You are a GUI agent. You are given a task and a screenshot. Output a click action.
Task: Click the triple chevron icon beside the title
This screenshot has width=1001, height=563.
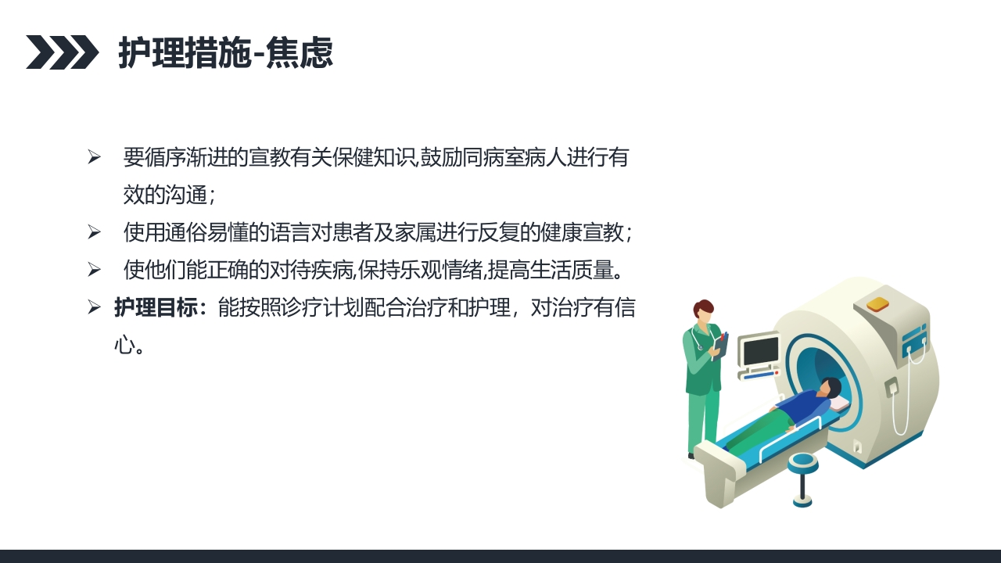coord(63,52)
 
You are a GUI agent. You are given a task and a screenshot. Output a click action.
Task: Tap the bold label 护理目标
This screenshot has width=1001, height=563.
coord(156,307)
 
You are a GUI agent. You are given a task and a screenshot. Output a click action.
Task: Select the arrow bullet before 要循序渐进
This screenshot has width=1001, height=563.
coord(95,157)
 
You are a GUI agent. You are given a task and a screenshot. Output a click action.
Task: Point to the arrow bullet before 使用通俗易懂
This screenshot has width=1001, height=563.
coord(95,232)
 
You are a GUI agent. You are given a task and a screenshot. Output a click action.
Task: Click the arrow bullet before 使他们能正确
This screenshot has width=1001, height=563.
coord(95,271)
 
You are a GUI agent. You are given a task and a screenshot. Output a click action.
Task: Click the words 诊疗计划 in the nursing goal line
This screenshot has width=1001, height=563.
coord(310,307)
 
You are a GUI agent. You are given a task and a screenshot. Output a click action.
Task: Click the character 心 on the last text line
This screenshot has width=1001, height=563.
coord(124,345)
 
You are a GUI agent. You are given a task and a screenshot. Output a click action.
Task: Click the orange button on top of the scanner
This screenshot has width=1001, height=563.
coord(877,303)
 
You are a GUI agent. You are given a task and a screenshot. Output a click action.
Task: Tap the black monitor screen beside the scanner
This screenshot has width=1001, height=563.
coord(759,350)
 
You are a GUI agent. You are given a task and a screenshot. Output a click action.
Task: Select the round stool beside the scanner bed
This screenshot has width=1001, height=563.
coord(802,463)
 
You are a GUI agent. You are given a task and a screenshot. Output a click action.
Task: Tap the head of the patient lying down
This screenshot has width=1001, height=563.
coord(831,388)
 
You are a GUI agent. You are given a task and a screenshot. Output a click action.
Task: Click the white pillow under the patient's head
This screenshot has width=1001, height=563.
coord(840,403)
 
